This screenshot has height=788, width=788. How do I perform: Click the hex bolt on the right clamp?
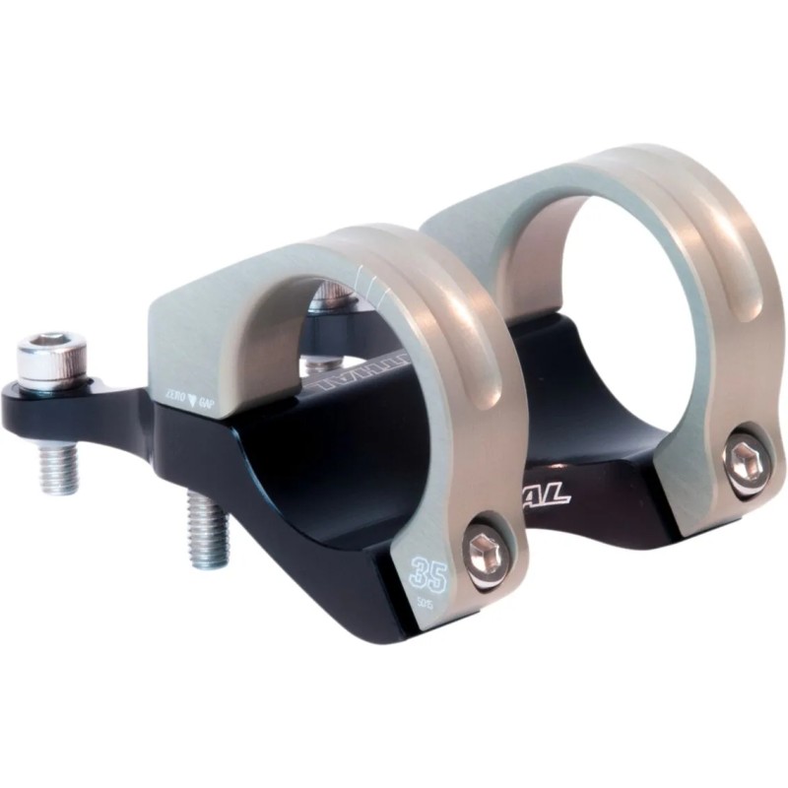click(x=741, y=456)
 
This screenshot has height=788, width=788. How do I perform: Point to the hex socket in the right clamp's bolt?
click(x=741, y=456)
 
